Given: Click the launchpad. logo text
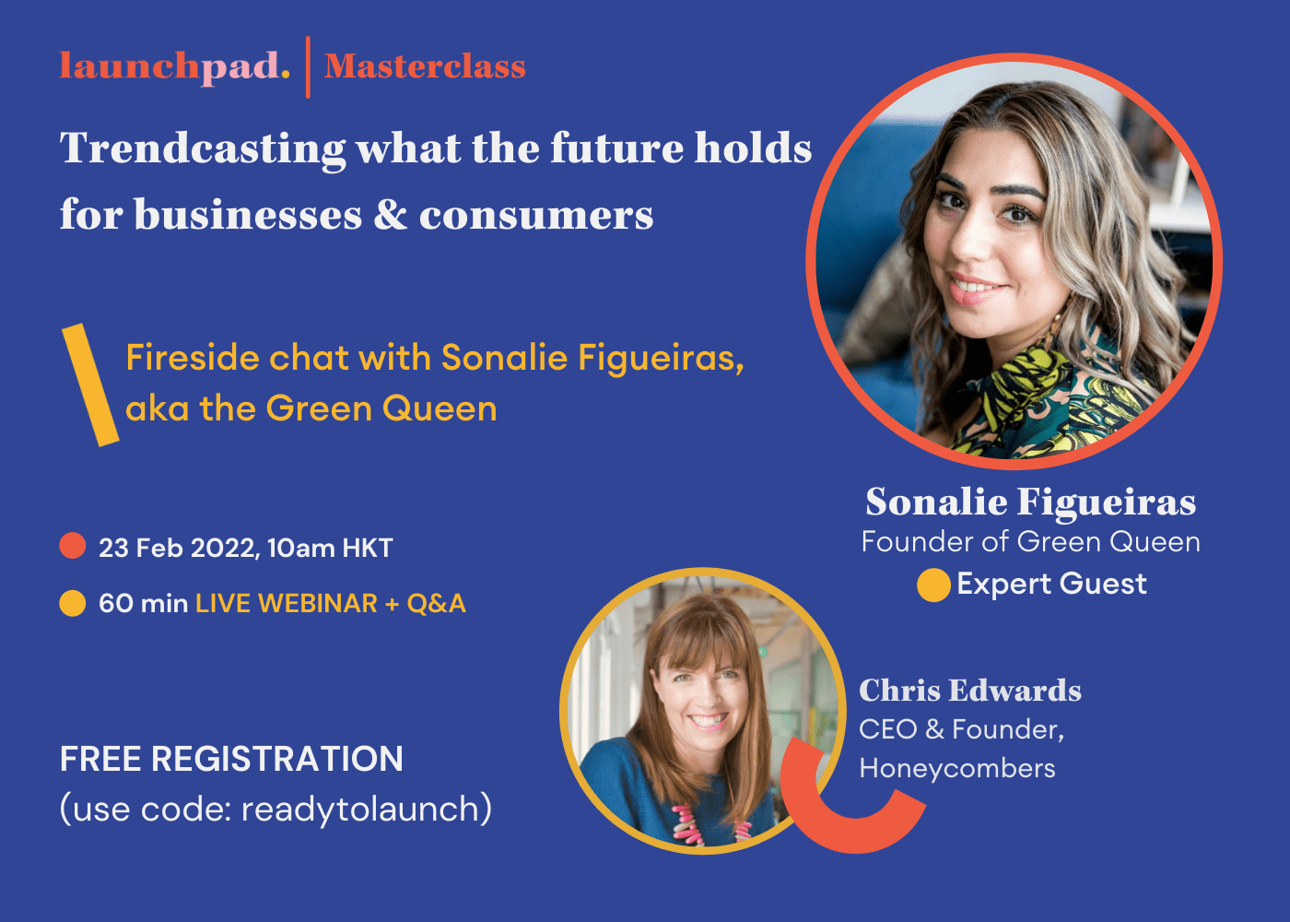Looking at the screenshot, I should point(175,66).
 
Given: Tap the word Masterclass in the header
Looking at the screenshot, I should point(425,66).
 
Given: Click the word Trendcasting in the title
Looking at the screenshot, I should point(203,149).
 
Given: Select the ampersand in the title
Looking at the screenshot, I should point(391,215).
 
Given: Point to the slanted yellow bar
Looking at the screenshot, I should point(90,385).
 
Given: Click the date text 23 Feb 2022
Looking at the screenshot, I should point(177,548).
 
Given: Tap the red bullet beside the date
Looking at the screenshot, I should point(73,546).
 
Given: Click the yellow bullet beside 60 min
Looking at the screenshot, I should point(73,603).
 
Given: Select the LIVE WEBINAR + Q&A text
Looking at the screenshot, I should point(331,604).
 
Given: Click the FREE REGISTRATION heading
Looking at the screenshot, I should point(231,759).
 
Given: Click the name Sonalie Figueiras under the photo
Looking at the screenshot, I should point(1030,502).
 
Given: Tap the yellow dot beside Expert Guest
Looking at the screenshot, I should point(933,585).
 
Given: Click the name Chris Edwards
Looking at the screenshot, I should point(970,691).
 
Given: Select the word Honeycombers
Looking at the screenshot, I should point(957,768).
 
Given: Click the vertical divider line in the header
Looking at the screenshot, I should point(308,66).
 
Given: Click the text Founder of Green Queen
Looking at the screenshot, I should point(1030,542).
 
